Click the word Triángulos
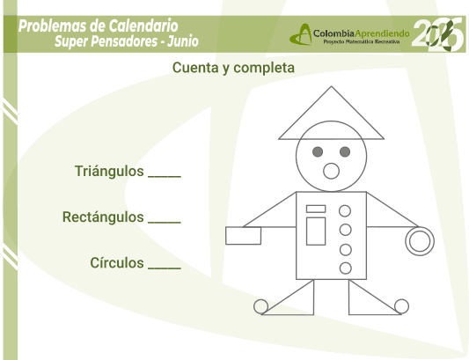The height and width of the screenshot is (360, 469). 109,172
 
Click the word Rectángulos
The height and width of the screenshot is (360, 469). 103,217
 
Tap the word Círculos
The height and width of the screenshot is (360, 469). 117,263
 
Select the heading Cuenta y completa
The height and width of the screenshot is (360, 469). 233,68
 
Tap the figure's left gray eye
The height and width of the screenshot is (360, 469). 318,151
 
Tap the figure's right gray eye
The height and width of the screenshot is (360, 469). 345,151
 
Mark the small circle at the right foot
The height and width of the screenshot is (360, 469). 401,299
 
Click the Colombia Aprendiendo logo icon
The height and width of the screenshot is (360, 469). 301,34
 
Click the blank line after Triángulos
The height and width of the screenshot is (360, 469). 165,177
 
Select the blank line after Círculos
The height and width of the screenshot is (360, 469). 165,268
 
